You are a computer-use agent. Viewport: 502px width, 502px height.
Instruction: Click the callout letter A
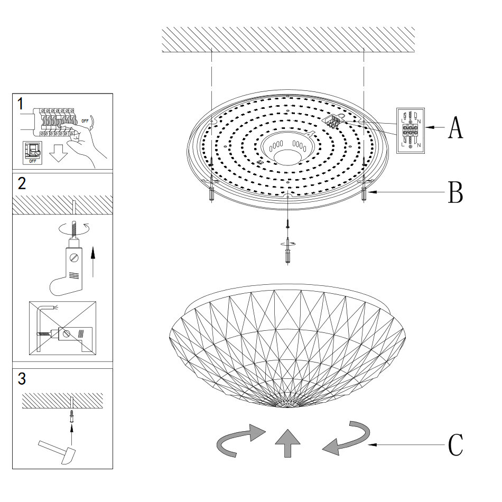coord(455,127)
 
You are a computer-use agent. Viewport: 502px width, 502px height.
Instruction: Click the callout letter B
coord(455,193)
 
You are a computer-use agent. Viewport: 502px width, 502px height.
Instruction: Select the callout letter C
coord(455,445)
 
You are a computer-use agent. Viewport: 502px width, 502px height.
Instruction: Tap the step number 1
coord(20,103)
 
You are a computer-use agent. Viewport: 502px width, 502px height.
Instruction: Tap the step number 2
coord(22,184)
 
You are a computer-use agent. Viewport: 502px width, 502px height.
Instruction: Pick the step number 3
coord(22,378)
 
